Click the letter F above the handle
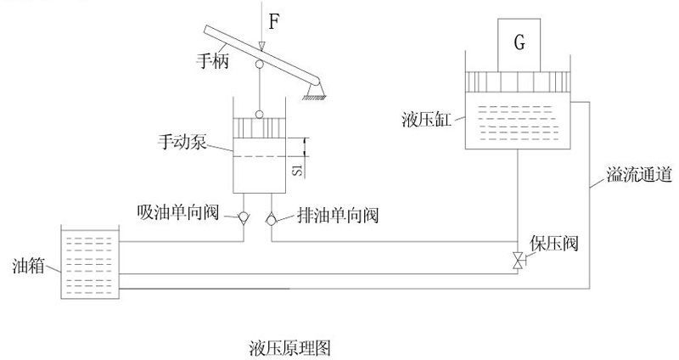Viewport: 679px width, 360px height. coord(273,21)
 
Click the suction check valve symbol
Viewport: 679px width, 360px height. coord(244,217)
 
